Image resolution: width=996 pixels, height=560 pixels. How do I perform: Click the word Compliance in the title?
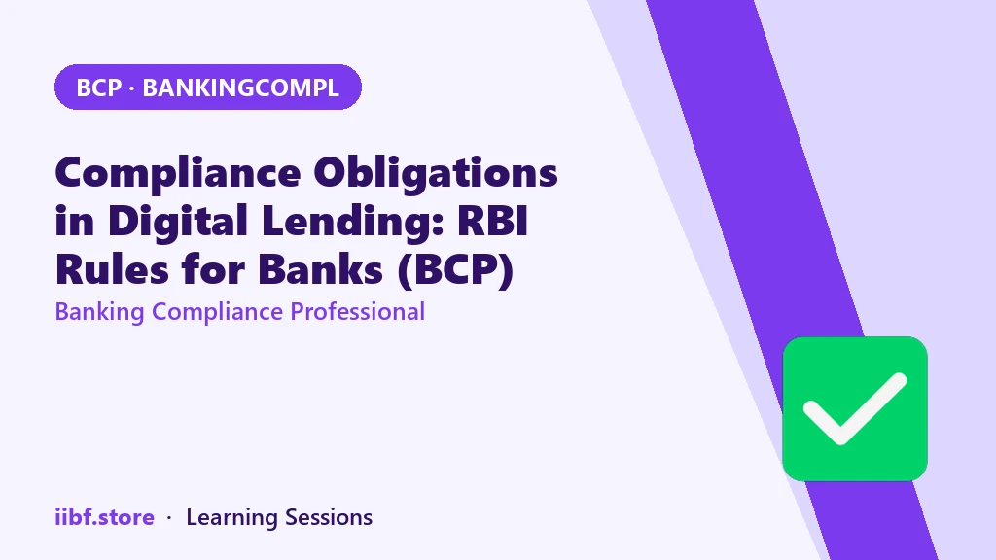[178, 174]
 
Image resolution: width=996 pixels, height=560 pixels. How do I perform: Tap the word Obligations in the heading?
[436, 174]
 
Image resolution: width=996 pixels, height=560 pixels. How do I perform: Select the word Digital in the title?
[178, 222]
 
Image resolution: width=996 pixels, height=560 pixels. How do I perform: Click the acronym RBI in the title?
[492, 221]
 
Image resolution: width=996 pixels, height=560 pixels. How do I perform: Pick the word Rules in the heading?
[112, 269]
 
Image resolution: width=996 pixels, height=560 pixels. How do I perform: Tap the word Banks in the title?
[321, 269]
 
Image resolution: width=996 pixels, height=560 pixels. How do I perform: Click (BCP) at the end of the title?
[455, 270]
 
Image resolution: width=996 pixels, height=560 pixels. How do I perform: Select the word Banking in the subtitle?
[100, 312]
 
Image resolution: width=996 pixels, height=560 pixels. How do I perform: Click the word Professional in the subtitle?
[358, 312]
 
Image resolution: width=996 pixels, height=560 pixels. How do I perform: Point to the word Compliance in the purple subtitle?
[217, 312]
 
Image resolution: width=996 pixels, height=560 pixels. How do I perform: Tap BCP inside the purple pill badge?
[98, 87]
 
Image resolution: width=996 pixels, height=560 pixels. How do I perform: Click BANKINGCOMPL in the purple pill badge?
[241, 87]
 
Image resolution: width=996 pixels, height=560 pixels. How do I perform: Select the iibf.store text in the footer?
[105, 517]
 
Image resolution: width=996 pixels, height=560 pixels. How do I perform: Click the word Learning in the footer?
[231, 518]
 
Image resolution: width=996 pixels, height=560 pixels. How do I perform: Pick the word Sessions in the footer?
[329, 517]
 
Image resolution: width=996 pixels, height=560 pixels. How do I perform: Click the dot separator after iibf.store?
[169, 519]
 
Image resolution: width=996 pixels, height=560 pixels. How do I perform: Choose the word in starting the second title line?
[75, 222]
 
